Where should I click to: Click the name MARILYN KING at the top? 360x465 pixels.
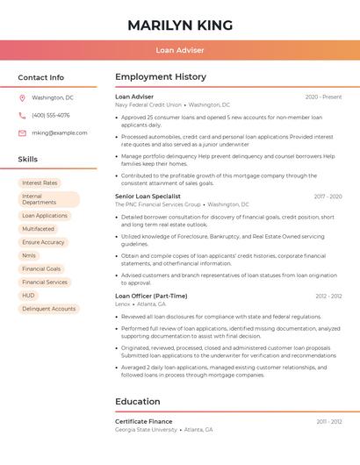(x=180, y=25)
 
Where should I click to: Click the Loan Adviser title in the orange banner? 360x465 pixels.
(x=180, y=50)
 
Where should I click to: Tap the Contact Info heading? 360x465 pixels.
(x=40, y=77)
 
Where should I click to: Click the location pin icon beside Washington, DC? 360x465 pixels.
(x=22, y=98)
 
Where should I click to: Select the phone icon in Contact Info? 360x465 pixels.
(x=22, y=115)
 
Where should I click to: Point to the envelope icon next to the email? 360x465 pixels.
(x=22, y=132)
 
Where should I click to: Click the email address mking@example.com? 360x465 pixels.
(x=59, y=132)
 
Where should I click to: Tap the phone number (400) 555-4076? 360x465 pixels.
(x=51, y=115)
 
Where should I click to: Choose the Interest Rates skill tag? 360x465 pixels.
(x=40, y=182)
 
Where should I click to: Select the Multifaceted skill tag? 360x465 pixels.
(x=38, y=229)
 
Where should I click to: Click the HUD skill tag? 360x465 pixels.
(x=28, y=296)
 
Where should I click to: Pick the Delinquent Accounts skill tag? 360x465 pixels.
(x=48, y=309)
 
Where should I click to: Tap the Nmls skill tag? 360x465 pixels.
(x=29, y=255)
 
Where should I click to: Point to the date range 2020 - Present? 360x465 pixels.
(x=323, y=97)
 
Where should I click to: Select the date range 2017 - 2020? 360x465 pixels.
(x=328, y=197)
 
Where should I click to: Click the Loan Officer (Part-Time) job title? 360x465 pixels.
(x=151, y=296)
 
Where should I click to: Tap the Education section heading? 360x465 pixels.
(x=137, y=402)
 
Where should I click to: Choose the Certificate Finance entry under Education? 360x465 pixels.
(x=143, y=421)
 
